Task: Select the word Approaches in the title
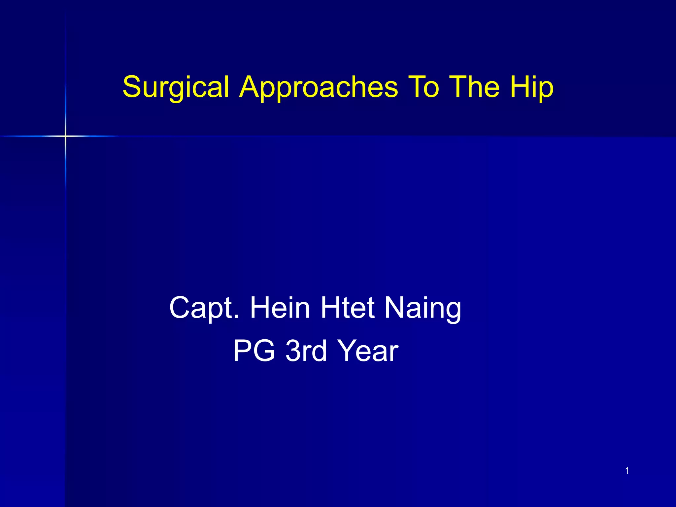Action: pyautogui.click(x=319, y=87)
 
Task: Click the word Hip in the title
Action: pyautogui.click(x=531, y=87)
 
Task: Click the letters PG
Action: pyautogui.click(x=254, y=351)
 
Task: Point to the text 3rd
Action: pyautogui.click(x=306, y=351)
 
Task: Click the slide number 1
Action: pyautogui.click(x=627, y=471)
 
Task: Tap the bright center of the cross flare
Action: pyautogui.click(x=65, y=136)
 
